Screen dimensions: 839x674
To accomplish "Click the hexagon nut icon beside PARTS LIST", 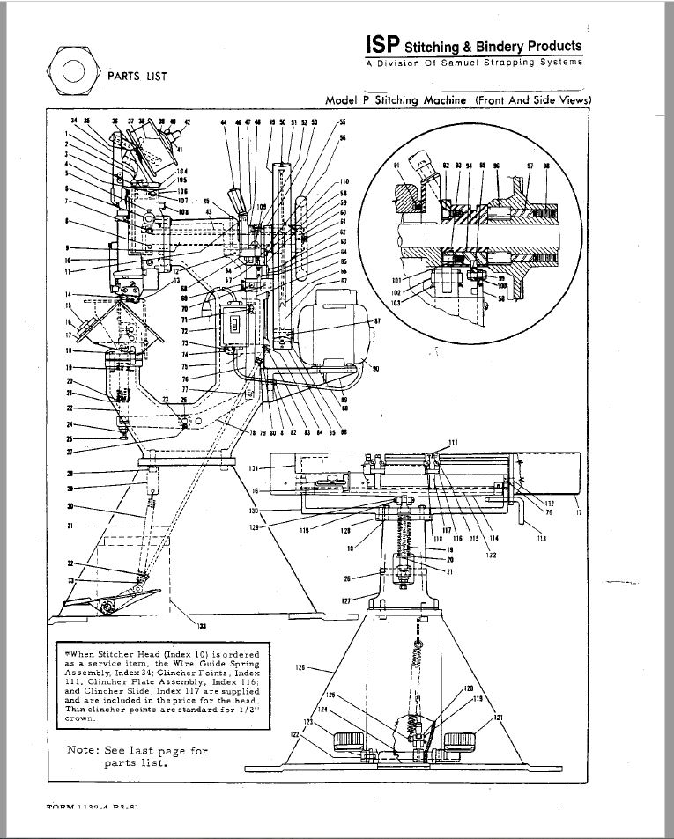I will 74,72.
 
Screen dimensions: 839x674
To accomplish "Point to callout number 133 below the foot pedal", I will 201,626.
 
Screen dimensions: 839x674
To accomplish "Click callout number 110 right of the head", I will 344,182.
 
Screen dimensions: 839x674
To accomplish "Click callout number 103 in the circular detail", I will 396,302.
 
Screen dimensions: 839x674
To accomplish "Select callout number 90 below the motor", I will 374,369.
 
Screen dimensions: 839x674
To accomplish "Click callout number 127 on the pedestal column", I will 347,600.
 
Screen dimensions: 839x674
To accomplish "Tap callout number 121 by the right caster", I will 499,719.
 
